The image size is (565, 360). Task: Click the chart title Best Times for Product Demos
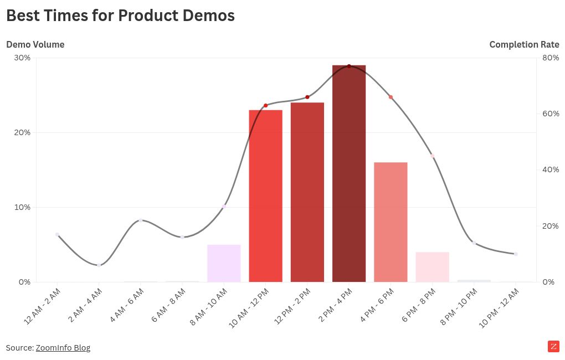pos(120,16)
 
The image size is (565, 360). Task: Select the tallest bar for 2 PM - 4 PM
pos(349,174)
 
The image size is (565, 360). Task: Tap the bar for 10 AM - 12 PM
pos(265,196)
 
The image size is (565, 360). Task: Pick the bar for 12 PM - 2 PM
pos(307,192)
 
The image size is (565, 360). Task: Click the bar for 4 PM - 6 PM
pos(391,222)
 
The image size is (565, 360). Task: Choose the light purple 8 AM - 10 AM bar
pos(224,263)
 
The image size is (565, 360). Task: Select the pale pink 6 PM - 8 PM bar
pos(432,267)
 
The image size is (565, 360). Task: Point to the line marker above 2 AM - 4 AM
pos(99,265)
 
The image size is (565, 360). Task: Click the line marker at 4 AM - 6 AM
pos(141,220)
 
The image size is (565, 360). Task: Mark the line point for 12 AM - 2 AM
pos(57,234)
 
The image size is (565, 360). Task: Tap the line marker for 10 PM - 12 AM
pos(516,254)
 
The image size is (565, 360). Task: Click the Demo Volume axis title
pos(35,44)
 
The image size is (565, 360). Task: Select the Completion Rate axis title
pos(524,44)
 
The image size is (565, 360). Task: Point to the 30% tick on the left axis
pos(22,58)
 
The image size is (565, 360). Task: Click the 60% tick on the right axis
pos(550,114)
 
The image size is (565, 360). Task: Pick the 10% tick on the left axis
pos(22,207)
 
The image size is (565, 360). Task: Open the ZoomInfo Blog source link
pos(63,348)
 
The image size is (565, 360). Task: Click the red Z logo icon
pos(553,347)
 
